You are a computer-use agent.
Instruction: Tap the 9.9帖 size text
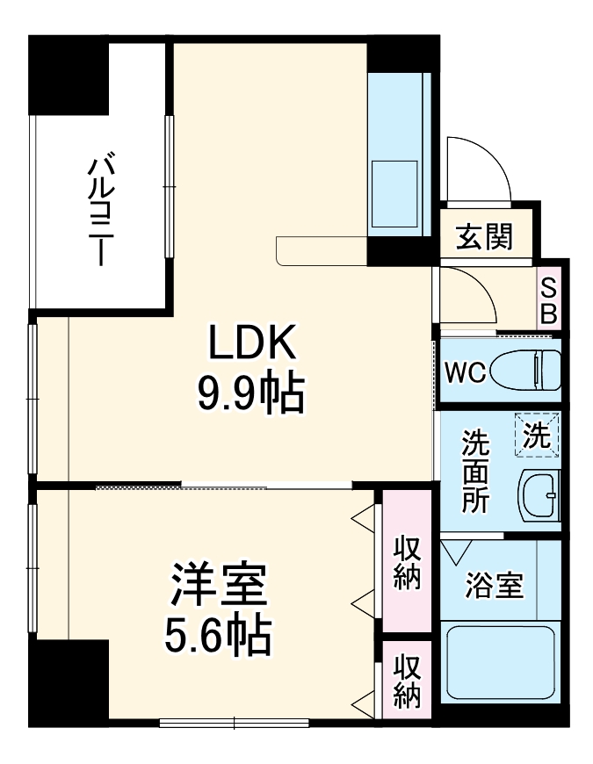click(250, 394)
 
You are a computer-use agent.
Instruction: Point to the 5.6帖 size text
click(217, 635)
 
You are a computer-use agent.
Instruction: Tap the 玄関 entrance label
click(484, 236)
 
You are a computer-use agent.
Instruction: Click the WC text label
click(463, 372)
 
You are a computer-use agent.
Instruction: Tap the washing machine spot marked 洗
click(538, 436)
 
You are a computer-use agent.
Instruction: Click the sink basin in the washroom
click(539, 497)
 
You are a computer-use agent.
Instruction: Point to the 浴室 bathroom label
click(495, 585)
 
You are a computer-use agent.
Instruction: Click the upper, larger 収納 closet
click(407, 562)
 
